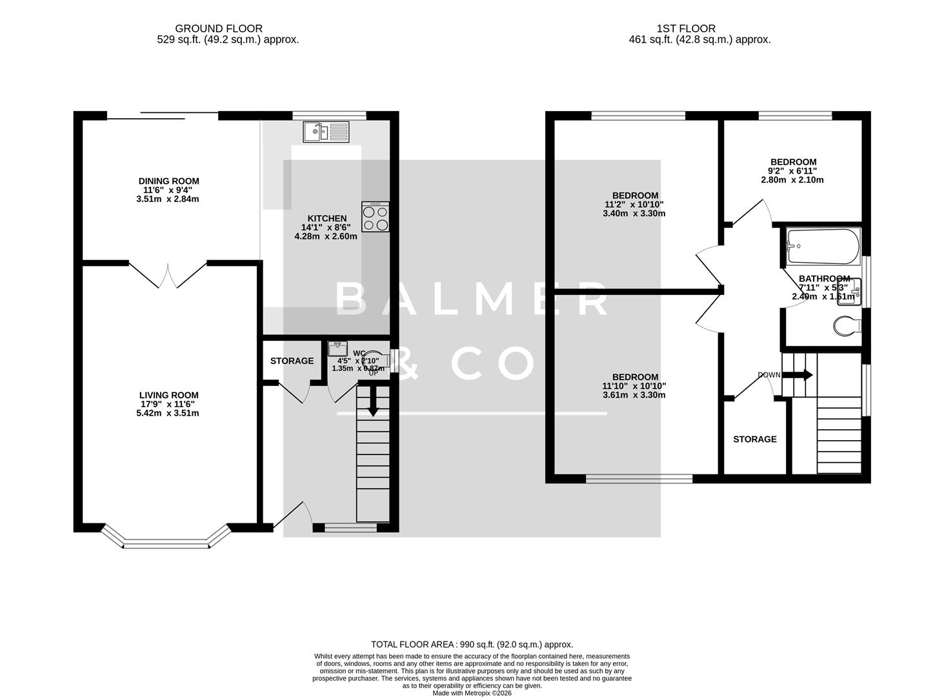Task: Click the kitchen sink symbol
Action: tap(326, 132)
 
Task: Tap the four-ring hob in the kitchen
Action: tap(376, 217)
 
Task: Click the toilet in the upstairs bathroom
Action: tap(847, 326)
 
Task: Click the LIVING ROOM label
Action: tap(168, 395)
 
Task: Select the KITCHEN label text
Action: tap(327, 219)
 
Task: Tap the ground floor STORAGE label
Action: tap(292, 361)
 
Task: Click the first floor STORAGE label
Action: tap(754, 439)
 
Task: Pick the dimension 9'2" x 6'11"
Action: tap(793, 171)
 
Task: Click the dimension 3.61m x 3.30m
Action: tap(634, 395)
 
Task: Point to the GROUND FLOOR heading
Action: tap(219, 28)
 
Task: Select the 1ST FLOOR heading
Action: tap(686, 28)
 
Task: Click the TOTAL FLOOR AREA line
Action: tap(472, 644)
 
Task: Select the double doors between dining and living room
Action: tap(168, 276)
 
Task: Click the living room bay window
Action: tap(166, 541)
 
